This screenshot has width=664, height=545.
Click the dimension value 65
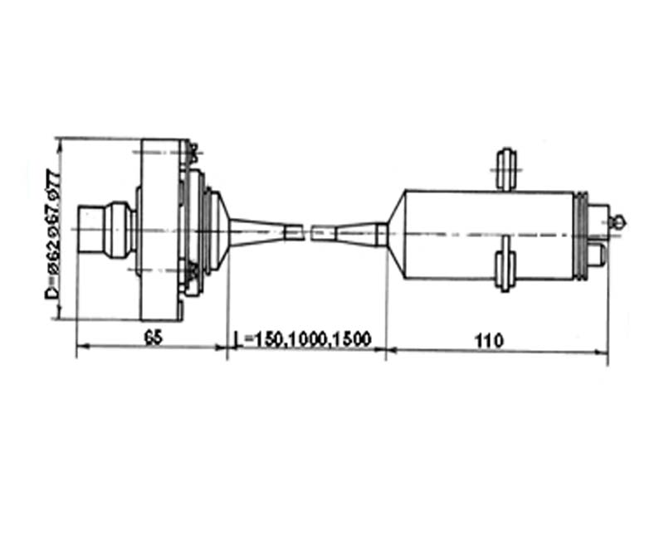[154, 338]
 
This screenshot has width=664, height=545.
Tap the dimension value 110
[490, 341]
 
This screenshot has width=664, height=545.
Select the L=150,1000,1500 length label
[302, 339]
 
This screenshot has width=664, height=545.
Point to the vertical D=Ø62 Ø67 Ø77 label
[53, 234]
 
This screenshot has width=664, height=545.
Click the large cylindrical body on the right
[490, 235]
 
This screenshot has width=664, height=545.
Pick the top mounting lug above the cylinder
[506, 169]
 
